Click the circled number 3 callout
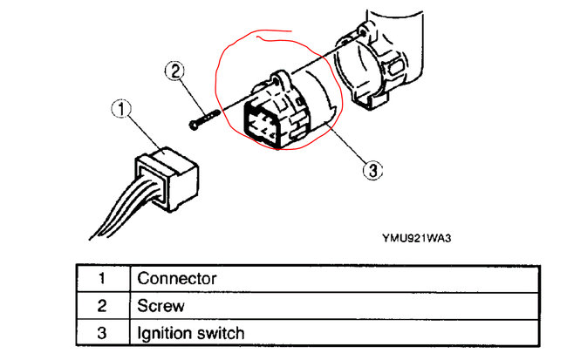[372, 170]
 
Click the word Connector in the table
[177, 279]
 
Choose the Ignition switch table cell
[190, 333]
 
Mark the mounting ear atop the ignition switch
[280, 78]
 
